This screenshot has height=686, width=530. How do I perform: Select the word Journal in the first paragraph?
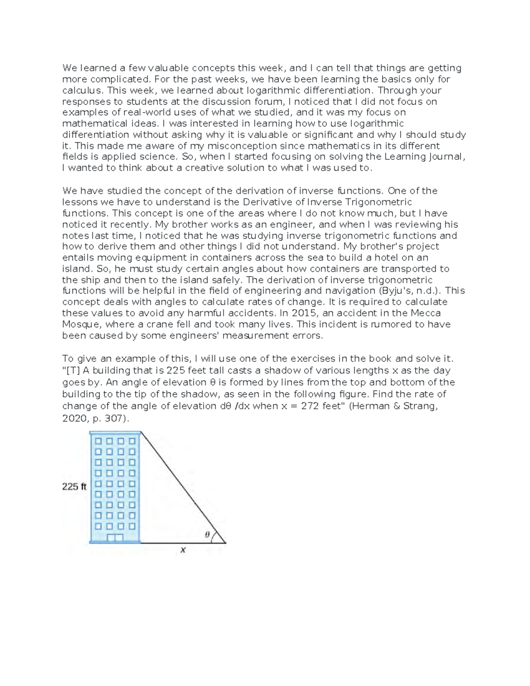pyautogui.click(x=447, y=157)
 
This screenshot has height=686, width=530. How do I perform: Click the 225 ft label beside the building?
pyautogui.click(x=74, y=487)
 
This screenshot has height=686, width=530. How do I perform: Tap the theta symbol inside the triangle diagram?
pyautogui.click(x=207, y=534)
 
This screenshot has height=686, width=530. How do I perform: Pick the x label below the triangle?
pyautogui.click(x=183, y=550)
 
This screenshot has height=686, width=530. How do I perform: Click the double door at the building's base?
pyautogui.click(x=115, y=538)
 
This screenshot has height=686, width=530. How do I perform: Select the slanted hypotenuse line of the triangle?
pyautogui.click(x=183, y=487)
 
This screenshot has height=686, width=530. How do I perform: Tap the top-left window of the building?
pyautogui.click(x=98, y=441)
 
